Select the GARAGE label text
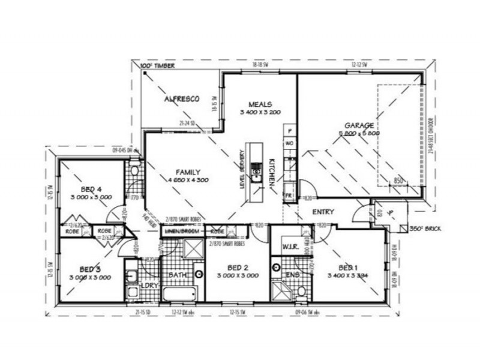(359, 126)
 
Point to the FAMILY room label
(187, 171)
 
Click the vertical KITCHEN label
(271, 172)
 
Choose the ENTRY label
(323, 212)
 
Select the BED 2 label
(238, 267)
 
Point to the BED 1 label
(348, 267)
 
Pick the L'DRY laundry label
(149, 286)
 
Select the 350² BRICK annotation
(423, 229)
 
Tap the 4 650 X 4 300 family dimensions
(187, 180)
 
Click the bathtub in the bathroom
(180, 293)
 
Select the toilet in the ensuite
(302, 292)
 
